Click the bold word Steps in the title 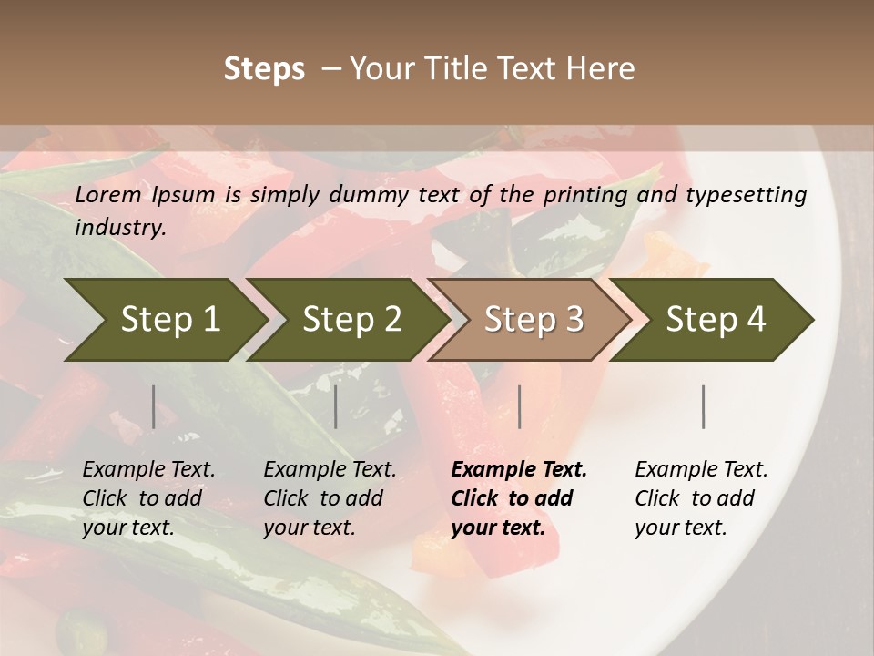coord(264,69)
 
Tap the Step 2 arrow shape coord(351,320)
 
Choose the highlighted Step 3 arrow coord(534,320)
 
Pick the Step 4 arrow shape coord(716,320)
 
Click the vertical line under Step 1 coord(154,406)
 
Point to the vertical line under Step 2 coord(336,406)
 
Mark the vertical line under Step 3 coord(520,406)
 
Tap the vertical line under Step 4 coord(703,406)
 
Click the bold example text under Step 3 coord(519,498)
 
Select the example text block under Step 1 coord(148,498)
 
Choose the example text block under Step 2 coord(330,498)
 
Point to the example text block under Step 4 coord(701,498)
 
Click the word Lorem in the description coord(108,195)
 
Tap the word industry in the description coord(120,228)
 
